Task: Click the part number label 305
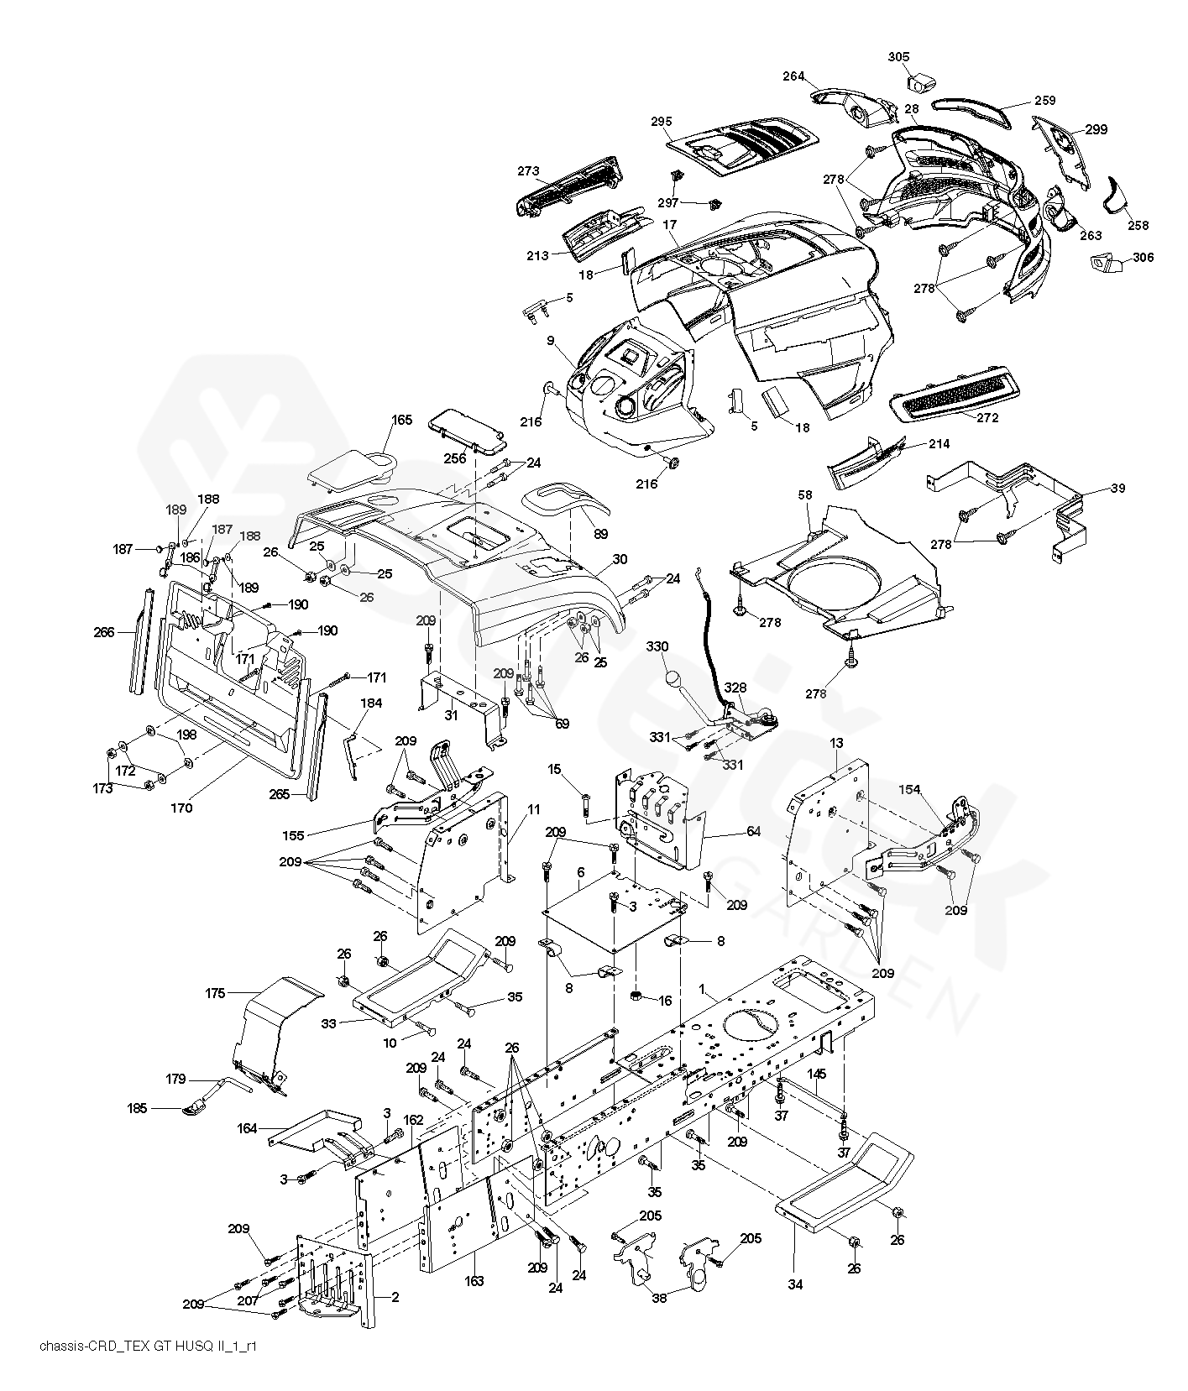(x=898, y=57)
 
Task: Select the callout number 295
(x=661, y=122)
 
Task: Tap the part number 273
(x=528, y=171)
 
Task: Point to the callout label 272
(x=987, y=418)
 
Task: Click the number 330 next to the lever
(x=657, y=646)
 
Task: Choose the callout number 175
(x=216, y=993)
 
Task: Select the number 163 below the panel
(x=474, y=1281)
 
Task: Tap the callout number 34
(x=795, y=1284)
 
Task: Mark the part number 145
(x=817, y=1074)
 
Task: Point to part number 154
(x=910, y=790)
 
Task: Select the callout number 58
(x=805, y=496)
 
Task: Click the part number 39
(x=1117, y=489)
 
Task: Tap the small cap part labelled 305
(x=923, y=83)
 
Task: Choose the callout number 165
(x=402, y=420)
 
